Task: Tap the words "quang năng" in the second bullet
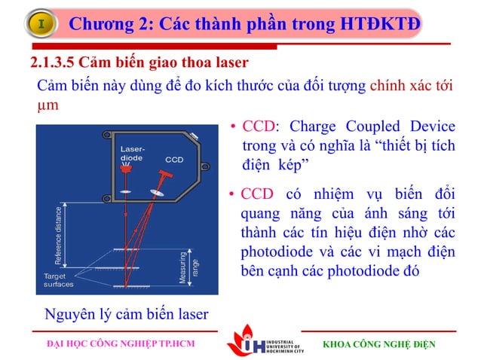[276, 214]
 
